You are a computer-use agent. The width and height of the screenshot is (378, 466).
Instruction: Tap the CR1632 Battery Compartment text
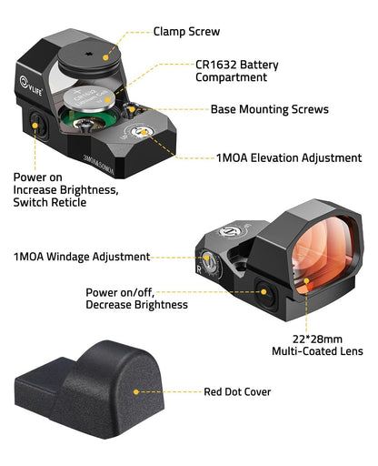pos(236,71)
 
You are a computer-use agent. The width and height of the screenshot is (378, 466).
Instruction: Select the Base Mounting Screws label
pos(269,109)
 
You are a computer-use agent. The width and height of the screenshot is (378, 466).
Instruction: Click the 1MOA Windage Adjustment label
pos(81,257)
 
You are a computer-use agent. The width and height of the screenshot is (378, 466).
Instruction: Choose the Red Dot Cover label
pos(237,392)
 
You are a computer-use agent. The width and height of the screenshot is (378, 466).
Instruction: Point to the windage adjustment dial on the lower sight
pos(208,265)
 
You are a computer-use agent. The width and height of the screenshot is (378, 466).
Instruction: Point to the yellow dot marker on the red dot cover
pos(135,392)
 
